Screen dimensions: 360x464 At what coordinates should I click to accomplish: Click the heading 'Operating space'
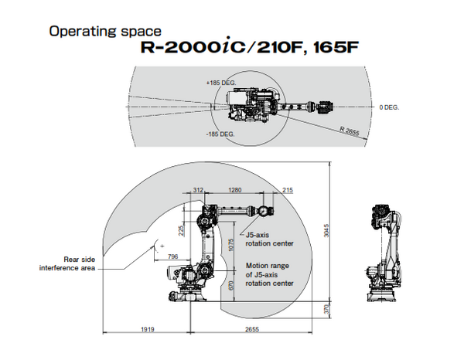[x=105, y=32]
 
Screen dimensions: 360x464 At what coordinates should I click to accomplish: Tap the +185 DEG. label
[x=220, y=82]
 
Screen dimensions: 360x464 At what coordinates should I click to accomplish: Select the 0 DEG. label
[x=389, y=107]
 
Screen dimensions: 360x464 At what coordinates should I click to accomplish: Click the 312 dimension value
[x=198, y=188]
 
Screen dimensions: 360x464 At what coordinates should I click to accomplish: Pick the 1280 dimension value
[x=236, y=188]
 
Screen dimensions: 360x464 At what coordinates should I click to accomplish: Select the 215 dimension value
[x=288, y=188]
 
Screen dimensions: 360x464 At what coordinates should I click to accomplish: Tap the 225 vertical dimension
[x=183, y=229]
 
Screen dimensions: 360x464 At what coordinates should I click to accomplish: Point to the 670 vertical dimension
[x=231, y=284]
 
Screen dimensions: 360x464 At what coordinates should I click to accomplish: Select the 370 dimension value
[x=327, y=309]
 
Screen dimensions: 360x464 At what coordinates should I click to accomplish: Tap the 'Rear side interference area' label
[x=69, y=263]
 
